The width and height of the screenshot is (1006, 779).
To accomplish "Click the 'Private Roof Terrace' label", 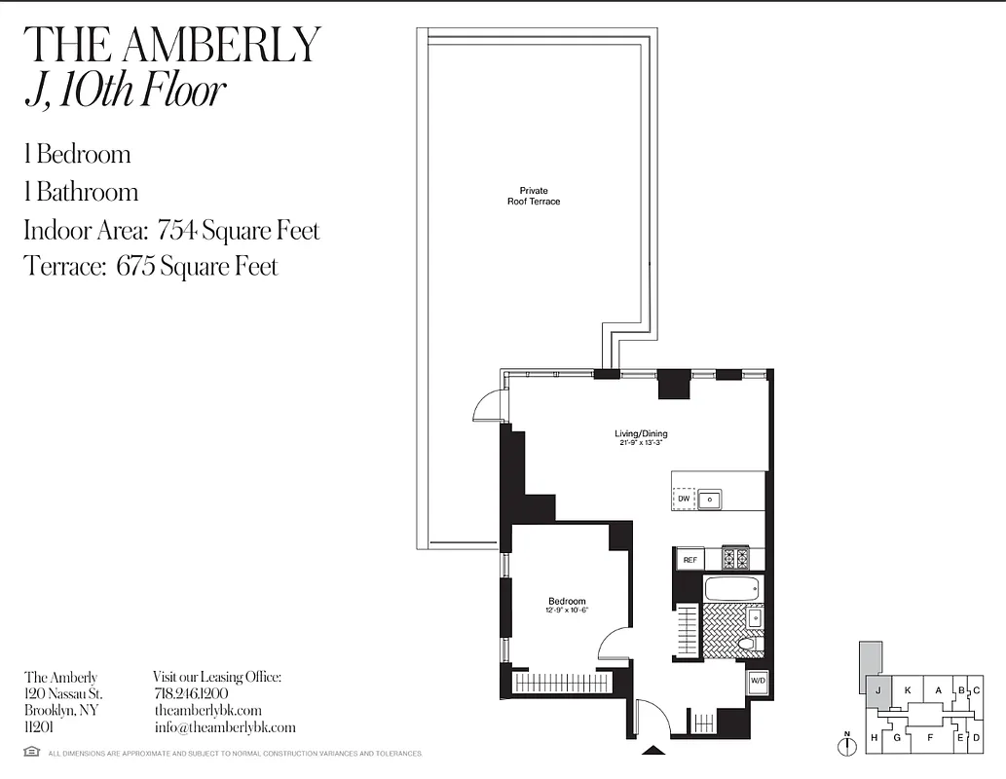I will pos(534,196).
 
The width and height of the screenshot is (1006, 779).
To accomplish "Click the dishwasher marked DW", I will pos(685,499).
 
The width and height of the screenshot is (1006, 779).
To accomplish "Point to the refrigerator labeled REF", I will pos(689,560).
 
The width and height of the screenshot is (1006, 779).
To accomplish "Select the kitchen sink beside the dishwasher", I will pos(711,499).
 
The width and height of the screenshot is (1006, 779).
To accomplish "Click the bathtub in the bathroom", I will pos(732,588).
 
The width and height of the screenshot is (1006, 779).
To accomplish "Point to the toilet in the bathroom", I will pos(748,644).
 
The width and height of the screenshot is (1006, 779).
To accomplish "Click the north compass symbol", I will pos(848,744).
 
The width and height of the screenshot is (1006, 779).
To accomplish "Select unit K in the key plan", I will pos(907,691).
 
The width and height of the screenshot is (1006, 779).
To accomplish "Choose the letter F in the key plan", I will pos(930,737).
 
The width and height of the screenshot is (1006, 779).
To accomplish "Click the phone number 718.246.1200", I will pos(191,693).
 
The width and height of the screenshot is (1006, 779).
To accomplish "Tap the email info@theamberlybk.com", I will pos(224,727).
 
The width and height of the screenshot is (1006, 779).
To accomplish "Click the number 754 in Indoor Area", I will pos(176,231).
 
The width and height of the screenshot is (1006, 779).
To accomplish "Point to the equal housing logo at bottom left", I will pos(32,752).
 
